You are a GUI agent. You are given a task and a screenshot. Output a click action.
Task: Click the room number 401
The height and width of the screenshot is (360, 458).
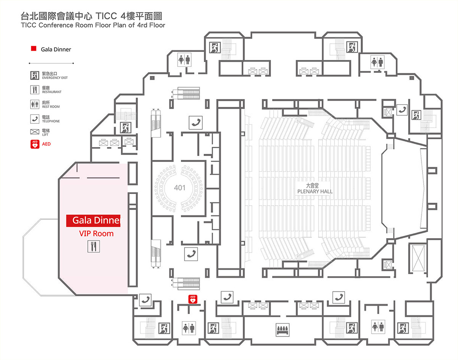[179, 188]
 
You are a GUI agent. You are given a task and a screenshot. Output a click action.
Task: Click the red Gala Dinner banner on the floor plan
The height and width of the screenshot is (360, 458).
[93, 221]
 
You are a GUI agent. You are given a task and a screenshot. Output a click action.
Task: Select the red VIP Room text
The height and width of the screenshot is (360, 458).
[96, 234]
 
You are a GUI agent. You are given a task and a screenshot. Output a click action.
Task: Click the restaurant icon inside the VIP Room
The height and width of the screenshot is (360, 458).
[94, 246]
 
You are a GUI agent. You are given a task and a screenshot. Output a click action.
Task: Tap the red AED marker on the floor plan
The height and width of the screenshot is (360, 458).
[193, 299]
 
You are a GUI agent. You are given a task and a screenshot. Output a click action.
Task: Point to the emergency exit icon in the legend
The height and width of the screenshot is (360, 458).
[35, 75]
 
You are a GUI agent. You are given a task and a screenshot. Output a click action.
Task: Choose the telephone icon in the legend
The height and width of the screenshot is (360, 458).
[35, 119]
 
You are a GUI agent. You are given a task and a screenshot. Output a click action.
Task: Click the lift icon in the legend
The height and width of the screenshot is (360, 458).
[35, 132]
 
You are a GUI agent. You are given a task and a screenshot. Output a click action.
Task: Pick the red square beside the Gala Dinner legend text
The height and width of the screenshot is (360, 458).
[34, 49]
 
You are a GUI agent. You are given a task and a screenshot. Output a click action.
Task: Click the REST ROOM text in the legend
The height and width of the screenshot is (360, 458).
[51, 107]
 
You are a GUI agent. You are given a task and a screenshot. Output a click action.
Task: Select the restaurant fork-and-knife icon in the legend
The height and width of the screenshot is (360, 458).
[35, 90]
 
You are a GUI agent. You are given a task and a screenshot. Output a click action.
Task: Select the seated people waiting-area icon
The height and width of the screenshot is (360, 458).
[283, 329]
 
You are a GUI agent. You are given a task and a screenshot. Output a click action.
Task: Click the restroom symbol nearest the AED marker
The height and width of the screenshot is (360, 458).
[189, 328]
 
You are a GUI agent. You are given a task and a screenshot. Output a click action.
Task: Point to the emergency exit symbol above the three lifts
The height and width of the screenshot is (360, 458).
[125, 128]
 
